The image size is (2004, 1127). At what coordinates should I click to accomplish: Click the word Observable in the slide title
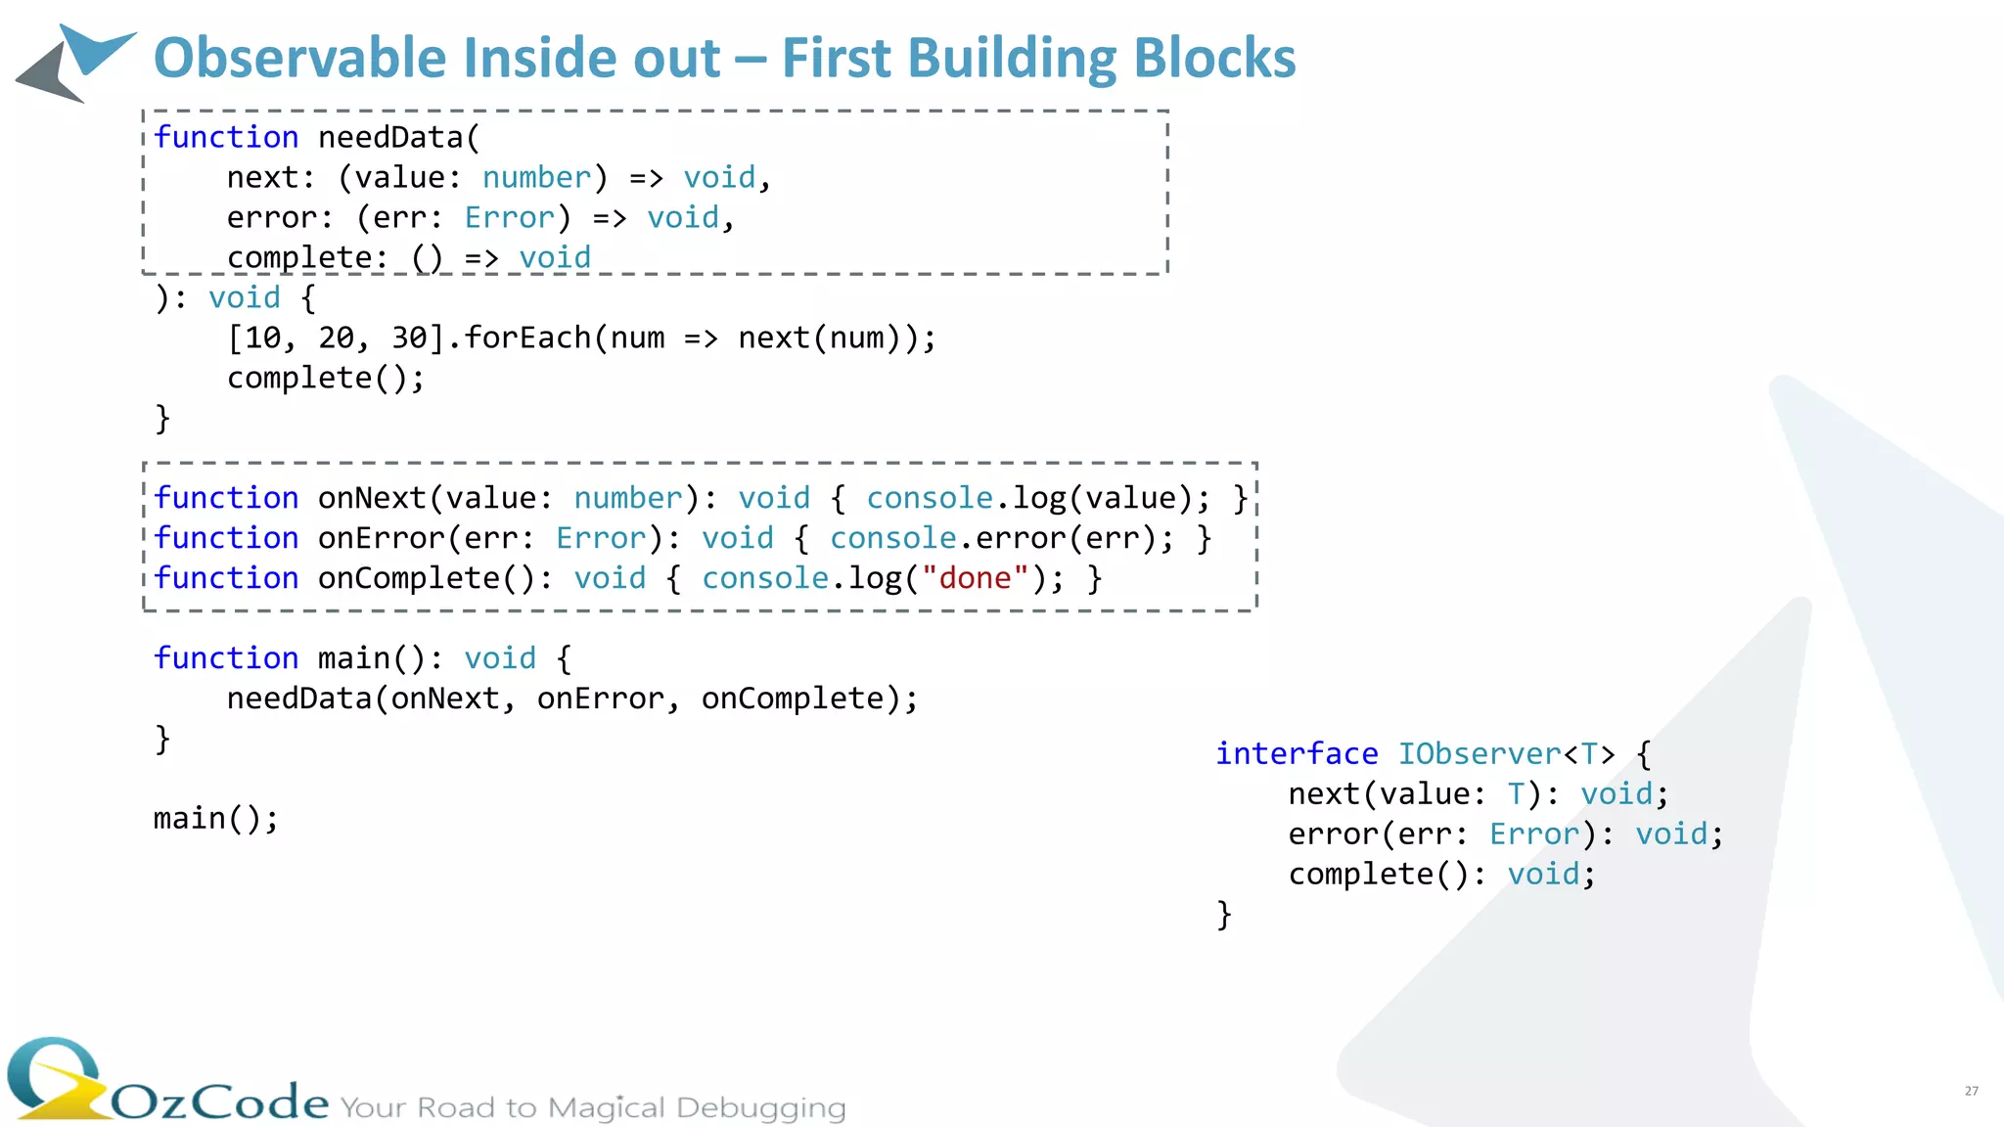[x=299, y=58]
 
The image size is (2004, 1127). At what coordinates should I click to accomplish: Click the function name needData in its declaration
[x=390, y=137]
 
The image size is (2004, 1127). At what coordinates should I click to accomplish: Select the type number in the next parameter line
[x=536, y=177]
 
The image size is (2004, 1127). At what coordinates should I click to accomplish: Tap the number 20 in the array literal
[x=336, y=338]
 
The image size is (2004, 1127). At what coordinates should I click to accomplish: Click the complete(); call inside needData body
[x=325, y=378]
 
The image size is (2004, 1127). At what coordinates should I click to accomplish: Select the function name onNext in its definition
[x=372, y=498]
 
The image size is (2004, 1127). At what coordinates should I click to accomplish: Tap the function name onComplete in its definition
[x=408, y=578]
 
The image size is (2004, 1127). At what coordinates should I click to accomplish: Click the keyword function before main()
[x=226, y=658]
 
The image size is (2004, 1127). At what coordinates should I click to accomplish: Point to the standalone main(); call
[x=215, y=818]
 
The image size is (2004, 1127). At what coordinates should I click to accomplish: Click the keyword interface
[x=1297, y=753]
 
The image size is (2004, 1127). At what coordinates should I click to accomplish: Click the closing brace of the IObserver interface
[x=1223, y=915]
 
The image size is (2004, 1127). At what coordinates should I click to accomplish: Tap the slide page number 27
[x=1971, y=1091]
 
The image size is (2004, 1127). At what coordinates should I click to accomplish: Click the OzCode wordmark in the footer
[x=219, y=1103]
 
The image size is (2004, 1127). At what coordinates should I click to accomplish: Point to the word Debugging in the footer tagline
[x=760, y=1108]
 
